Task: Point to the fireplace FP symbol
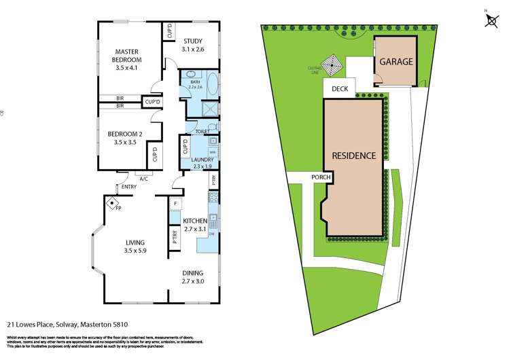[111, 202]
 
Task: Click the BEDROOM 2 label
[126, 138]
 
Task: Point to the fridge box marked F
[175, 204]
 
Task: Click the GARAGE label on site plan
[396, 61]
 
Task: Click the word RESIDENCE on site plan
[353, 156]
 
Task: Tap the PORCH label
[321, 178]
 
